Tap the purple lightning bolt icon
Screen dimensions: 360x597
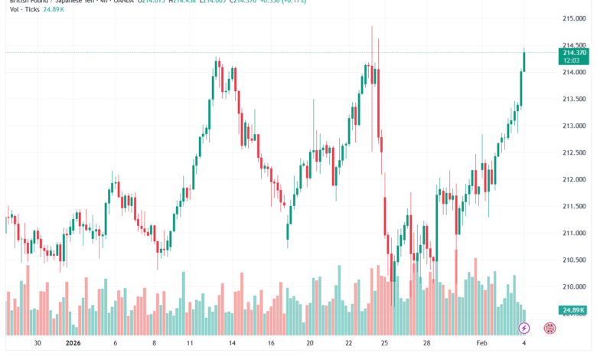pos(524,328)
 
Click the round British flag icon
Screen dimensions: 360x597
pos(549,328)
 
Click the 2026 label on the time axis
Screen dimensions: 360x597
pos(73,345)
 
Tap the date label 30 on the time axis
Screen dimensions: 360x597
pos(38,345)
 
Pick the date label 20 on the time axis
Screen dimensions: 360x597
pos(310,345)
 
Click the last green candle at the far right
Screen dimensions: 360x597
pos(524,61)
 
